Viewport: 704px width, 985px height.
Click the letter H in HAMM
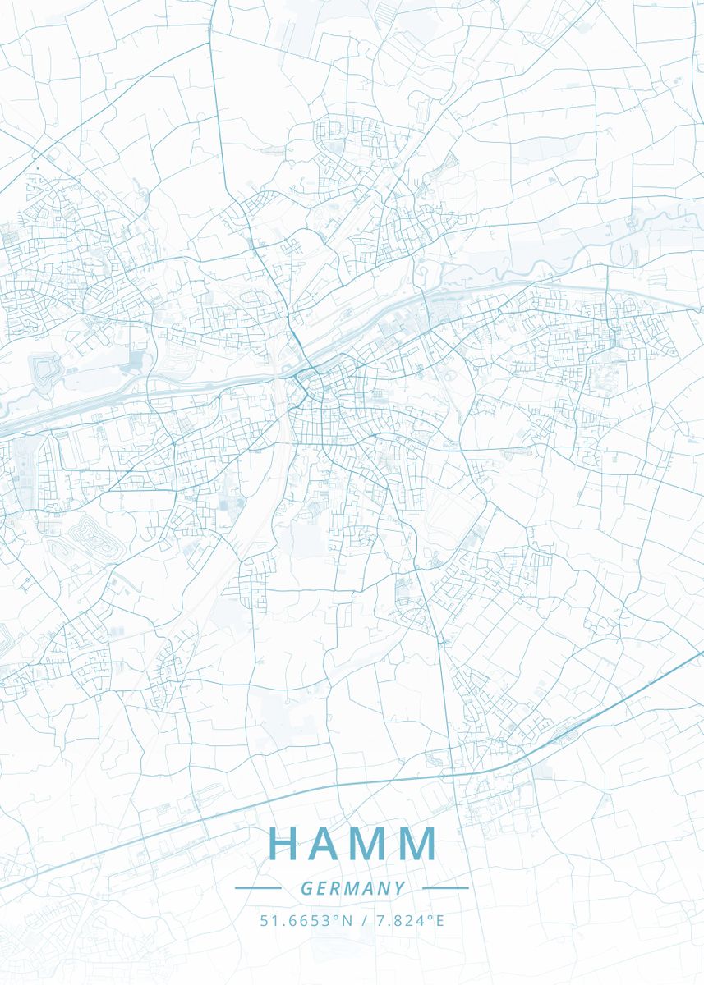(x=284, y=843)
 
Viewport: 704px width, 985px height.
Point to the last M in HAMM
(x=421, y=843)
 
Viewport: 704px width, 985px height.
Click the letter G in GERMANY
(x=306, y=888)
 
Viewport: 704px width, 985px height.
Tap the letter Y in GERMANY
(x=400, y=888)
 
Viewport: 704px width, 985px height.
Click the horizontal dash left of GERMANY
(x=258, y=887)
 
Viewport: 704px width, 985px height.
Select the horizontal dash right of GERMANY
(x=445, y=887)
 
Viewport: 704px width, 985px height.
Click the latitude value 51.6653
(x=296, y=920)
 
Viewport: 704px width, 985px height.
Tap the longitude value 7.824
(x=400, y=920)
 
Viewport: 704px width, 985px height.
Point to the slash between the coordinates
(x=364, y=920)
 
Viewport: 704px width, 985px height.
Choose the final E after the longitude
(x=439, y=920)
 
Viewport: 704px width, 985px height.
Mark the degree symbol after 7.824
(x=428, y=916)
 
